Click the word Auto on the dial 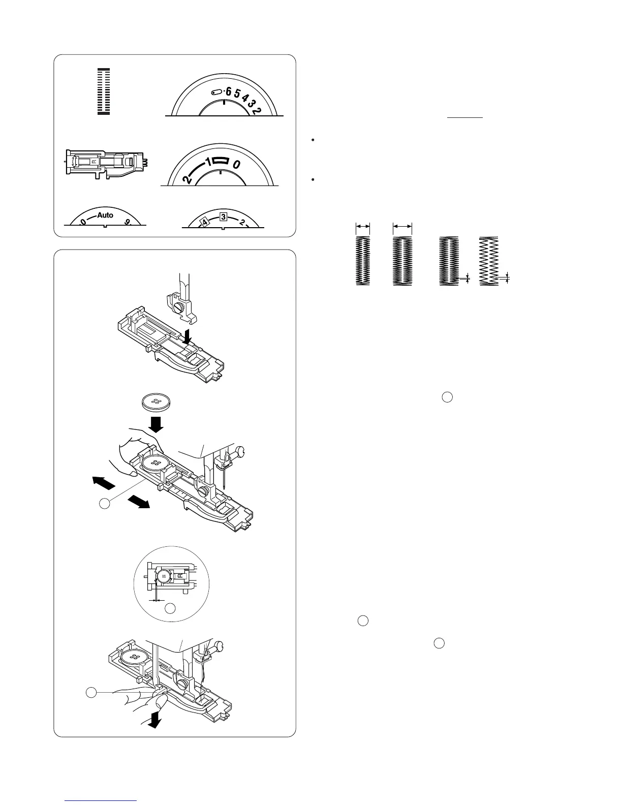point(105,215)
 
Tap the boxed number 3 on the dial point(223,217)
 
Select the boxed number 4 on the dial point(202,222)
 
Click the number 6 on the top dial point(228,91)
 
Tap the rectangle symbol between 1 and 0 point(219,161)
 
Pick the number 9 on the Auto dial point(127,222)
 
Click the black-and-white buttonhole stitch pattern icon point(104,91)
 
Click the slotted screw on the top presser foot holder point(179,307)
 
